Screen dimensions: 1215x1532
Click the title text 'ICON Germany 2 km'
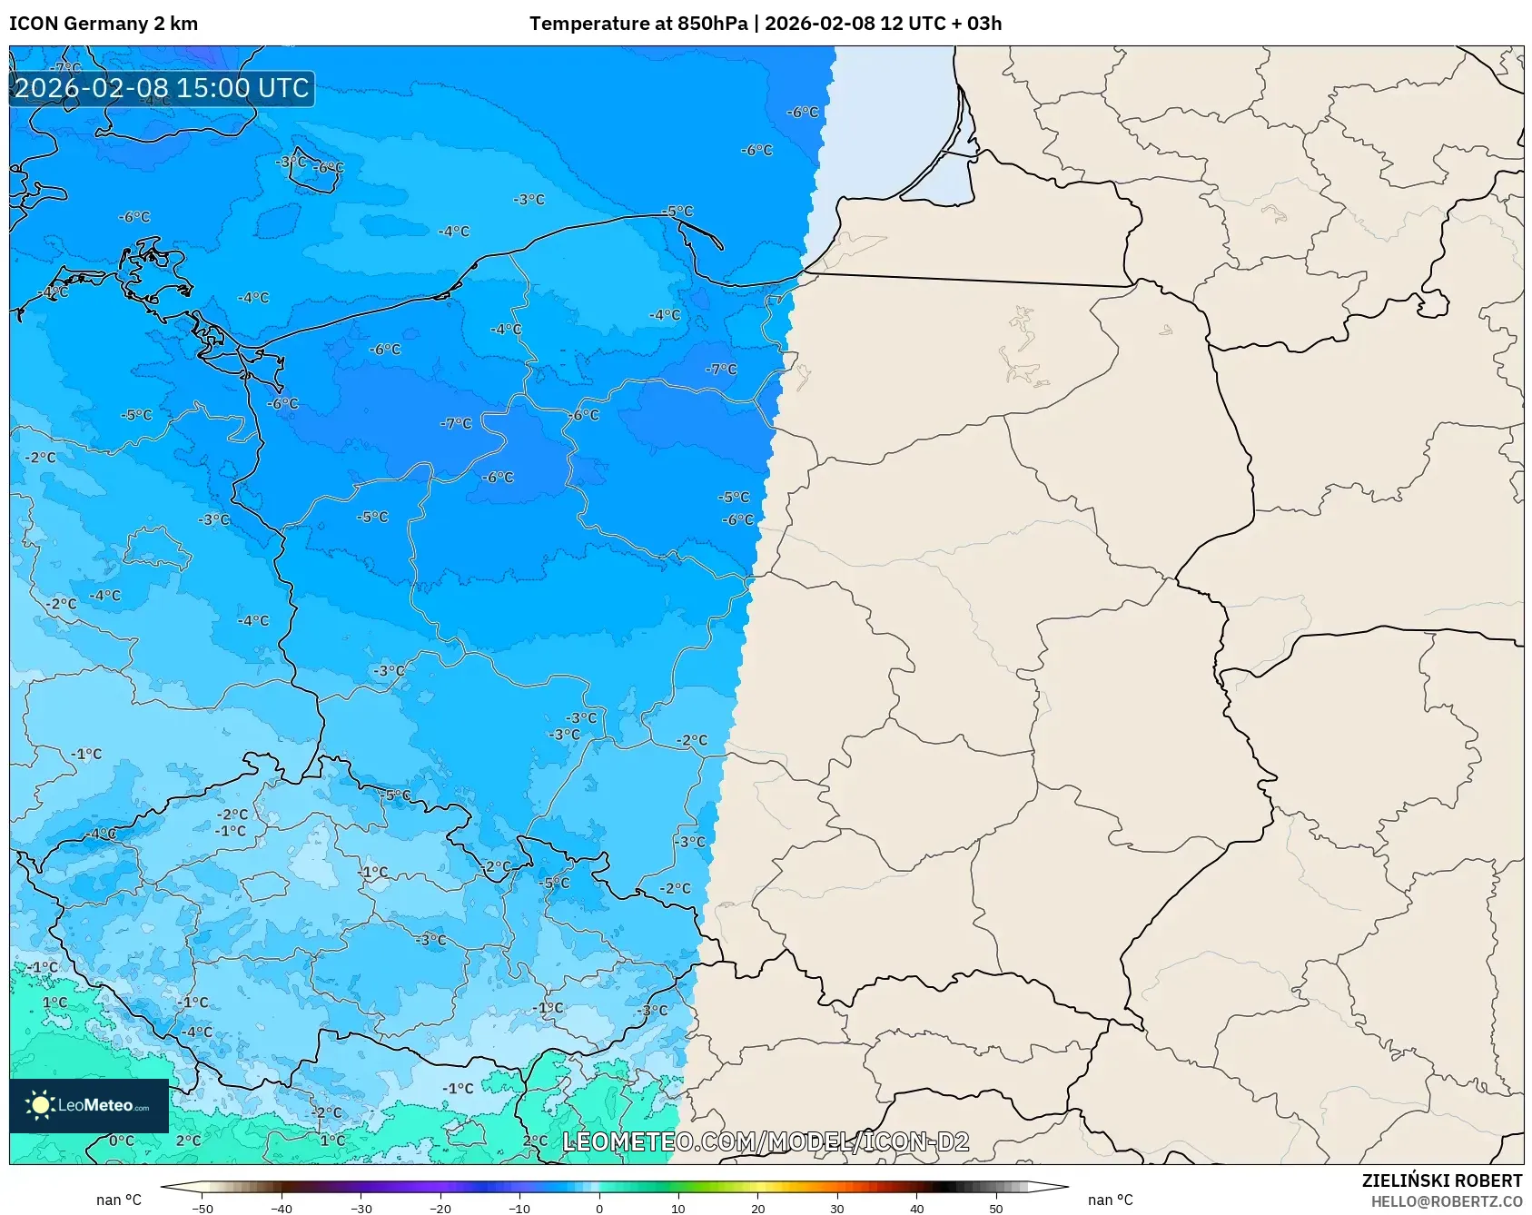point(104,24)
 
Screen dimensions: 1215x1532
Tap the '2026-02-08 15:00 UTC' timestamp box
point(162,88)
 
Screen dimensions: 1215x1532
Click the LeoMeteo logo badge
point(89,1105)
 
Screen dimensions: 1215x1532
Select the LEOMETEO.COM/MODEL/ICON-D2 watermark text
point(766,1141)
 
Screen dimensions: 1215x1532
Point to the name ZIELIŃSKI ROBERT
point(1441,1180)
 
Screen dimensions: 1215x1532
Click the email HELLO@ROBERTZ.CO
point(1446,1201)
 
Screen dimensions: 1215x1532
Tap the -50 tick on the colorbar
point(203,1209)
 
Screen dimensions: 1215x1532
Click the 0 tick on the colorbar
point(599,1209)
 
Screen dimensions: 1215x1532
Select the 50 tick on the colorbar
point(996,1209)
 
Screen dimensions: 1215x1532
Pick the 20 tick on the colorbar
point(758,1209)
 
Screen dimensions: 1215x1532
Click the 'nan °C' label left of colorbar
point(119,1200)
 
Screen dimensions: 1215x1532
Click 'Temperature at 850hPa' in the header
point(638,24)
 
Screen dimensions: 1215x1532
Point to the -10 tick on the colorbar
point(519,1209)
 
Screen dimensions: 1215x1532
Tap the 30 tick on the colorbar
point(837,1209)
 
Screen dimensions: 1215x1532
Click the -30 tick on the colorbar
point(361,1209)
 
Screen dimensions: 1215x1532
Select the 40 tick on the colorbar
point(917,1209)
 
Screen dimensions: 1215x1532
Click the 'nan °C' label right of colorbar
point(1111,1200)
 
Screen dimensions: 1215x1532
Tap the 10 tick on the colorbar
point(678,1209)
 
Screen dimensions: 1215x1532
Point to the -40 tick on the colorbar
point(282,1209)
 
